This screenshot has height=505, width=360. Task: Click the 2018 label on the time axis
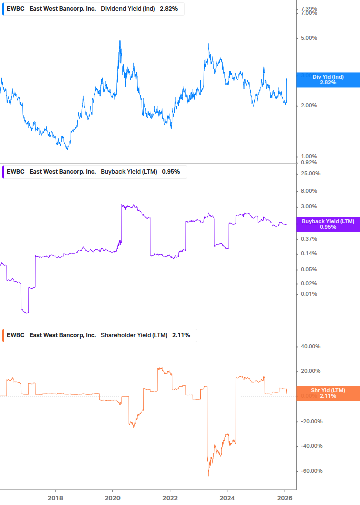click(55, 498)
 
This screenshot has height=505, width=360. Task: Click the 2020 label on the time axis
click(112, 498)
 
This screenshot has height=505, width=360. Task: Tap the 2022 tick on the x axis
click(170, 498)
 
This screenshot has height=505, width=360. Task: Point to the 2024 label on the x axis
click(227, 498)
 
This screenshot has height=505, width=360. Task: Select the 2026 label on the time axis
click(284, 498)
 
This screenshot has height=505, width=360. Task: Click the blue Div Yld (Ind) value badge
click(328, 79)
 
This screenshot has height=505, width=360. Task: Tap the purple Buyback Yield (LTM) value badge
click(328, 224)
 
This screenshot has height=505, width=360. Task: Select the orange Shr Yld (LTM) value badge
click(328, 393)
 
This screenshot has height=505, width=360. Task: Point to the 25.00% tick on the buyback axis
click(310, 173)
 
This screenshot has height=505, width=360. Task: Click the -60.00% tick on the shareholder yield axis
click(310, 471)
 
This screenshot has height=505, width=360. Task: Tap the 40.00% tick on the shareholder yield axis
click(310, 346)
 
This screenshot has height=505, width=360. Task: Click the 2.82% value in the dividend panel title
click(169, 9)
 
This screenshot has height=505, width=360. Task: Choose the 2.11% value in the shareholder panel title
click(181, 335)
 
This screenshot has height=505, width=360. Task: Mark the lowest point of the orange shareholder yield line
click(208, 476)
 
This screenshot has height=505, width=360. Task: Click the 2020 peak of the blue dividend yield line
click(120, 41)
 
